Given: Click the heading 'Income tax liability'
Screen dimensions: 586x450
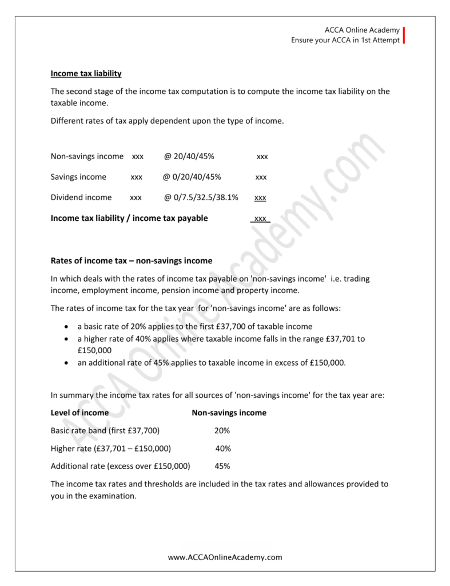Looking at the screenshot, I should (86, 74).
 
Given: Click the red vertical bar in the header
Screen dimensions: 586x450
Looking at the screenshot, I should (404, 35).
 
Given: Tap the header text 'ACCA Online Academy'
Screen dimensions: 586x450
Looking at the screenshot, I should (361, 30).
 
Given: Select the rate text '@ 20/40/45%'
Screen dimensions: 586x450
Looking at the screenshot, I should (189, 156).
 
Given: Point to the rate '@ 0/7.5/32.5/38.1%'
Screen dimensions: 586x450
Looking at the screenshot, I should (201, 197).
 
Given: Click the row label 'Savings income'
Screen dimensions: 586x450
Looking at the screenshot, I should (78, 177).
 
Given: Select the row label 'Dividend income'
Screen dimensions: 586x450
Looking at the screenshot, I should (81, 197).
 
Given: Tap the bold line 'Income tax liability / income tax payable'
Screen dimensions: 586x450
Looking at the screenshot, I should (129, 218).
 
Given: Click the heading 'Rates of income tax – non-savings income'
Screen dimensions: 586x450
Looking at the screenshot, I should (132, 260).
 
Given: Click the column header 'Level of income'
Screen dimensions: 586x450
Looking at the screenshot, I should (79, 413).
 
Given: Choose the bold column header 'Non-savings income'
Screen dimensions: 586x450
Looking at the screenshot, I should (229, 413).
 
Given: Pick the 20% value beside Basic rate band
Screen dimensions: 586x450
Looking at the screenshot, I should (222, 430).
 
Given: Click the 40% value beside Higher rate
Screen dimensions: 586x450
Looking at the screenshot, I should (223, 448).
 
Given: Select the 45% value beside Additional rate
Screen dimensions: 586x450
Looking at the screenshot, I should (222, 466).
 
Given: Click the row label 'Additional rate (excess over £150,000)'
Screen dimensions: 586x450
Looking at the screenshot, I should (120, 466).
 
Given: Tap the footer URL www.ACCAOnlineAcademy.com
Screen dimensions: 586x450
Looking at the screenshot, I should (225, 557).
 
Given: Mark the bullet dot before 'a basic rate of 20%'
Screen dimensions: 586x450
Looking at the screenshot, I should (67, 327).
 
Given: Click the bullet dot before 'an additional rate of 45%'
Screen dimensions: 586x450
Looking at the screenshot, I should (67, 363).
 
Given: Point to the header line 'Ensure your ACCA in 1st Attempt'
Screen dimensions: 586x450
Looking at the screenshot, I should (345, 40).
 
